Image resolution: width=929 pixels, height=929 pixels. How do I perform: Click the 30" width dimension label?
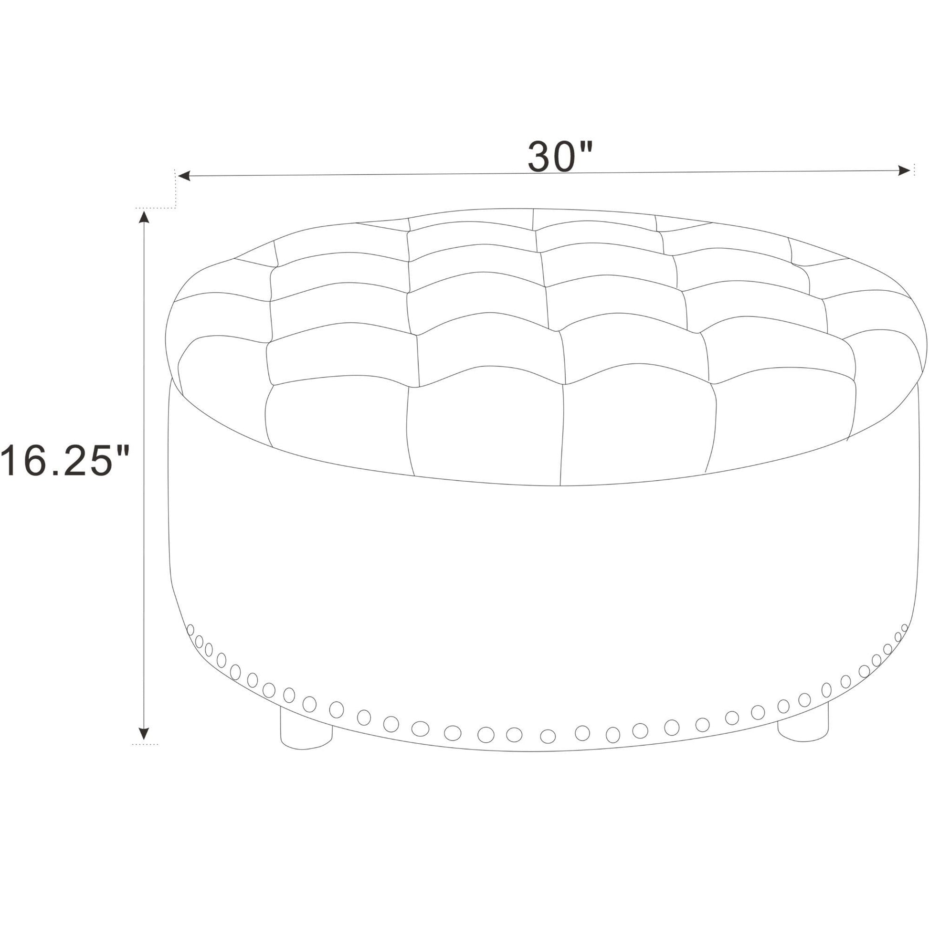tap(560, 156)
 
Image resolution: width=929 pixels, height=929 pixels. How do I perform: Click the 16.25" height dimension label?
tap(64, 460)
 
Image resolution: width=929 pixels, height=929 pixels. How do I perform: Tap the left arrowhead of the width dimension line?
tap(184, 176)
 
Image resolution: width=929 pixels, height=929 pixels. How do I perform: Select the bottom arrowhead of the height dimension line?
tap(143, 733)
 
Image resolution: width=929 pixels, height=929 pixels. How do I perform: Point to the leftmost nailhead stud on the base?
tap(190, 630)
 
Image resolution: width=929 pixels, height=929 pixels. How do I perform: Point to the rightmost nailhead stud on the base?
tap(905, 628)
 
